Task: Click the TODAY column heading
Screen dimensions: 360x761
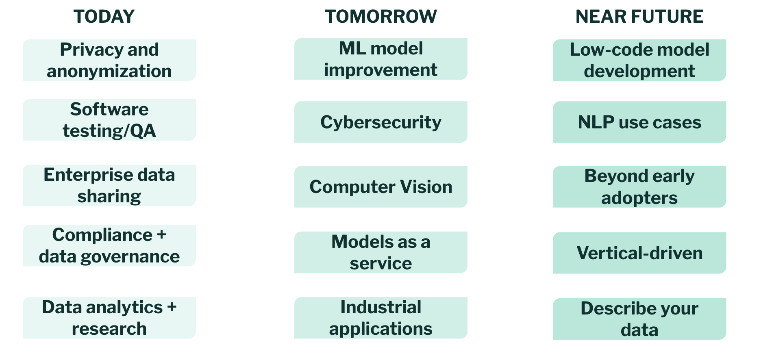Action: tap(104, 17)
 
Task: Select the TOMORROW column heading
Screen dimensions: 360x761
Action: tap(380, 17)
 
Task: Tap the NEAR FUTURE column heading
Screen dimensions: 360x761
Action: tap(639, 17)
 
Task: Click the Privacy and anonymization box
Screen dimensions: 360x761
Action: tap(109, 60)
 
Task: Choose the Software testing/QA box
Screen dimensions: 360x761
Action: tap(109, 120)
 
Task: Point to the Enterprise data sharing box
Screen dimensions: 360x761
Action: tap(109, 185)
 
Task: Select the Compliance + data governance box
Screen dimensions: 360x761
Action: tap(109, 245)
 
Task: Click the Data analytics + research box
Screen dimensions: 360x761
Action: tap(109, 318)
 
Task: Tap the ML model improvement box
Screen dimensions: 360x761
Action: tap(380, 59)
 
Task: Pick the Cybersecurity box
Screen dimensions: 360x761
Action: tap(380, 122)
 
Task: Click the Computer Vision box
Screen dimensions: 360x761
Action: tap(380, 187)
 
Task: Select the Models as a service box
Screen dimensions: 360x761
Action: tap(380, 252)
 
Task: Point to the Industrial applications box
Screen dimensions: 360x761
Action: tap(380, 318)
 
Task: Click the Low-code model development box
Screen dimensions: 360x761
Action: tap(639, 60)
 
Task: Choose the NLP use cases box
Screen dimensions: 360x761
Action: tap(639, 122)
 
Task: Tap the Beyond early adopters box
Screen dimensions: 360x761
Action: tap(639, 187)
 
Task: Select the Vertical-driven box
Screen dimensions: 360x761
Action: tap(639, 253)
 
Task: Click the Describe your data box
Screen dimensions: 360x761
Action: tap(639, 319)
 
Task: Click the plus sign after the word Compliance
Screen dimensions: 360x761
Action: tap(161, 235)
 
